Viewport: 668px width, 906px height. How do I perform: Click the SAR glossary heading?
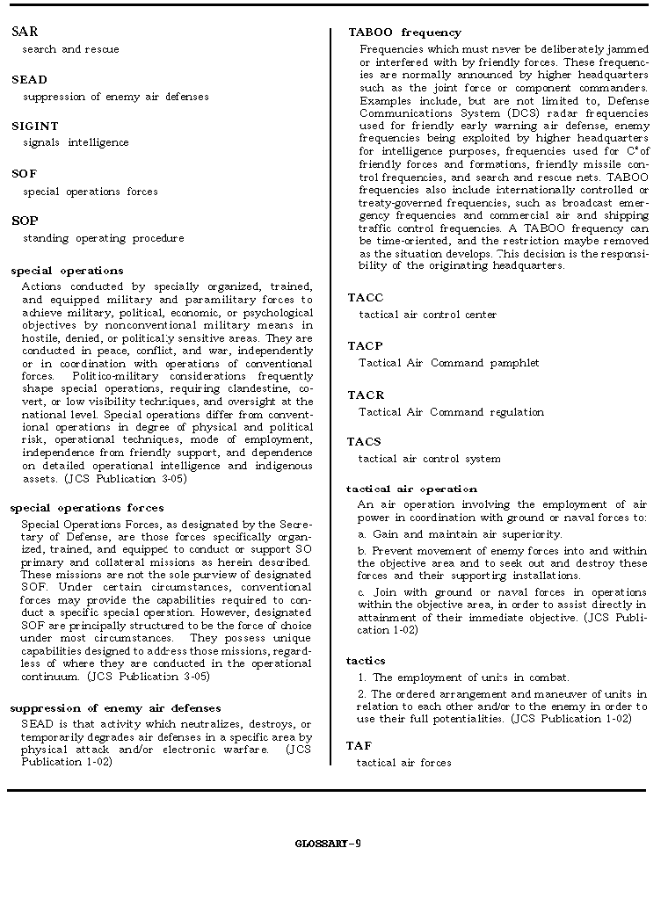pos(25,32)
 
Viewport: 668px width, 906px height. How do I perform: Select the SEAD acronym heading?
pos(29,80)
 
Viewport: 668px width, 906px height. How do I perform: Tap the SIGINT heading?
pos(34,127)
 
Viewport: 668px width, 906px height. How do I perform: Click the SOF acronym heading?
pos(25,174)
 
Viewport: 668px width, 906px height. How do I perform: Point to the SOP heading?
pos(25,221)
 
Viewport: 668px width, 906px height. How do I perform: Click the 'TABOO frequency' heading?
pos(404,33)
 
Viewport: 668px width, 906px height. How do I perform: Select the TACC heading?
pos(366,298)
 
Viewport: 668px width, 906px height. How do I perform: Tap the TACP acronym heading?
pos(366,346)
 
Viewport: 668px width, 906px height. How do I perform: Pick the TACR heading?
pos(366,395)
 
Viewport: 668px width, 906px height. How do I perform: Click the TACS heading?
pos(364,442)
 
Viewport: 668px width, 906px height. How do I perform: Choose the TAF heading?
pos(359,746)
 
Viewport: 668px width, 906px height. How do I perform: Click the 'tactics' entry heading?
pos(366,661)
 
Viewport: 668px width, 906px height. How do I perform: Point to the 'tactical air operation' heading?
pos(411,489)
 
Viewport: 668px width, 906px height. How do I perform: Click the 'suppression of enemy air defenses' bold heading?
pos(115,708)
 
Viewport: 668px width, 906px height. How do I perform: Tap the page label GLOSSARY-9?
pos(328,844)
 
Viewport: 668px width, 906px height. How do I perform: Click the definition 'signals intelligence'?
pos(76,142)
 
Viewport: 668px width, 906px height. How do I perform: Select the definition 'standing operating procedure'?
pos(104,238)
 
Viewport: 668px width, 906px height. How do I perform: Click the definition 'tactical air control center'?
pos(427,315)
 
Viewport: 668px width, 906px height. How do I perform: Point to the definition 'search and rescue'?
pos(71,49)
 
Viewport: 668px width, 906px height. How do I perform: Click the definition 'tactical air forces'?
pos(403,763)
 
